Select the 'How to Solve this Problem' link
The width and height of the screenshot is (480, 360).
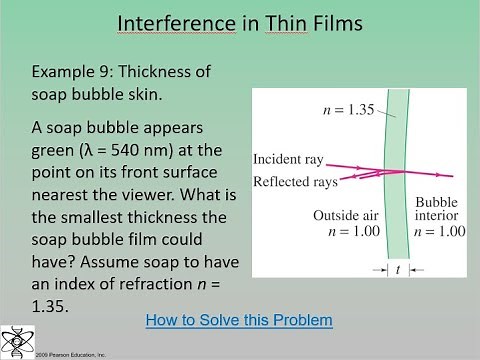point(238,320)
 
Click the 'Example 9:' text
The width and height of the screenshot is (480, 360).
point(73,72)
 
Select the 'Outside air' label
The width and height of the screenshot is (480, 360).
point(337,216)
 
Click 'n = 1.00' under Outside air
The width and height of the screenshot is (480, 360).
point(337,231)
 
